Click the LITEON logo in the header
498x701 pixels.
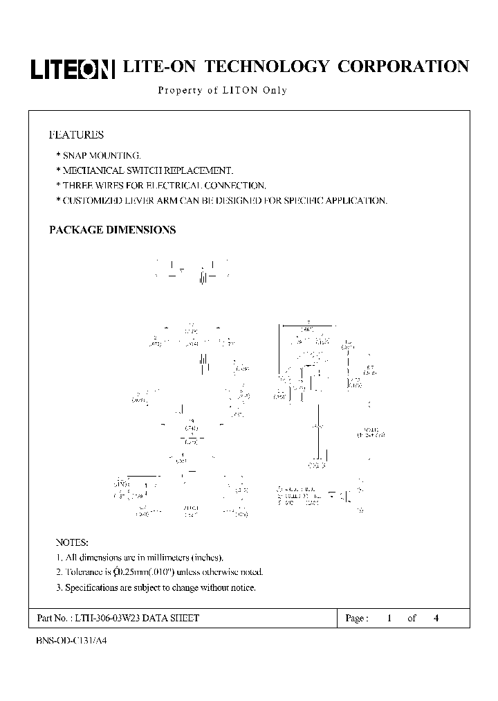(x=72, y=69)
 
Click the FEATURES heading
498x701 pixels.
(x=76, y=135)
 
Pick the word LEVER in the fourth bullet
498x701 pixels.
(x=147, y=200)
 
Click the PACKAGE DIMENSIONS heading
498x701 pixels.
(x=112, y=230)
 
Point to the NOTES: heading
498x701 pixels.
(x=71, y=542)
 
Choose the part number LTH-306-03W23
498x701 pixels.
(x=107, y=618)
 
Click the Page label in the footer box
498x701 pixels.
(x=356, y=618)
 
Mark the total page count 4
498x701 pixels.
(x=436, y=618)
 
